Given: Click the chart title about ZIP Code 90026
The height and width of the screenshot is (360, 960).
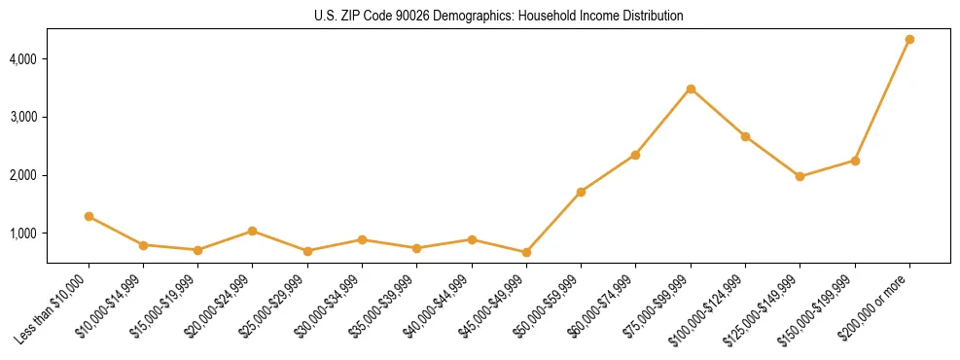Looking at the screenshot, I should click(x=498, y=17).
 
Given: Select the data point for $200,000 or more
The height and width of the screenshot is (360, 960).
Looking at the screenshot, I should click(x=909, y=39).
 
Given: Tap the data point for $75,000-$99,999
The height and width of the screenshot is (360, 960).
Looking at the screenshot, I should click(x=691, y=89).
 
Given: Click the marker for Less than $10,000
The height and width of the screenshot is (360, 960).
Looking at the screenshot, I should click(x=89, y=216).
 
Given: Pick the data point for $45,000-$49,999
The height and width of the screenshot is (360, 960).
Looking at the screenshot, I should click(x=526, y=252).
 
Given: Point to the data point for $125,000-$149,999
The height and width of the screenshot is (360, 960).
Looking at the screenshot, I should click(x=800, y=176).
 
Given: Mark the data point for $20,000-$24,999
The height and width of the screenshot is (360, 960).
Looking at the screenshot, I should click(x=252, y=231).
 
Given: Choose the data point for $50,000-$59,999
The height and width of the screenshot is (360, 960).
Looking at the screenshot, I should click(x=581, y=192).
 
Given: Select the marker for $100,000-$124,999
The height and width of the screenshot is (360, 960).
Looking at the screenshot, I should click(x=745, y=136).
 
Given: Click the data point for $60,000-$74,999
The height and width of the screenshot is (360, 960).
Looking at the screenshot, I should click(x=635, y=155).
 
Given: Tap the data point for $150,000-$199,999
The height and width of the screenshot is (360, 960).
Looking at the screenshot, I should click(x=855, y=161).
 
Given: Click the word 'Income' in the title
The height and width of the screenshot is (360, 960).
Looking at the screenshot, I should click(x=600, y=17).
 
